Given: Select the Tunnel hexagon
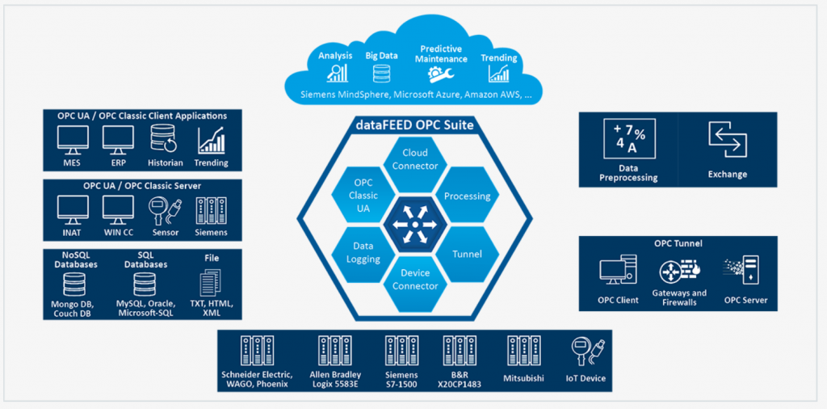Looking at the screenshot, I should (467, 254).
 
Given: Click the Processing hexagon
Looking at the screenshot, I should (467, 196).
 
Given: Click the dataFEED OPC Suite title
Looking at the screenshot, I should (414, 125).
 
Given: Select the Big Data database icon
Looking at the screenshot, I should (382, 74).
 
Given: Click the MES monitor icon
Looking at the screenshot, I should (73, 140).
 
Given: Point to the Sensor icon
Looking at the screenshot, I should (164, 210).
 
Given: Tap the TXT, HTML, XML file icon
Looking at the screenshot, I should (211, 283).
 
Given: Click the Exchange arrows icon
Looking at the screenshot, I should (727, 140).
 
